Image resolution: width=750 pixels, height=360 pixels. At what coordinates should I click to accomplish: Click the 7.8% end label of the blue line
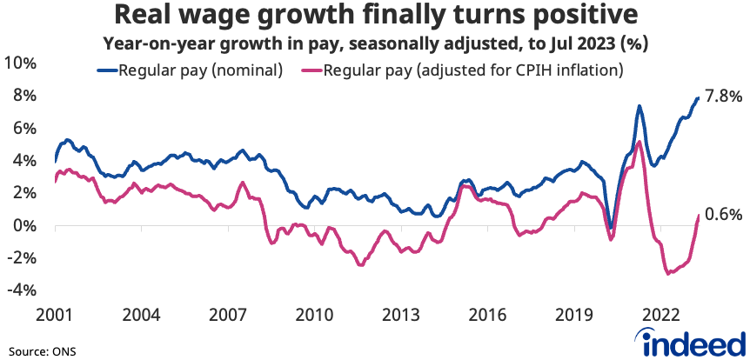(x=722, y=97)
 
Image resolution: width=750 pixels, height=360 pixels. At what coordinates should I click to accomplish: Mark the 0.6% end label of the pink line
(x=722, y=215)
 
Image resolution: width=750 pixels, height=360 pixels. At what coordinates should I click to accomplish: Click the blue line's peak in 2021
(x=640, y=106)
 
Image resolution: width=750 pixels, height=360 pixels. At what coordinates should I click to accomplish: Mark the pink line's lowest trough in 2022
(x=668, y=274)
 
